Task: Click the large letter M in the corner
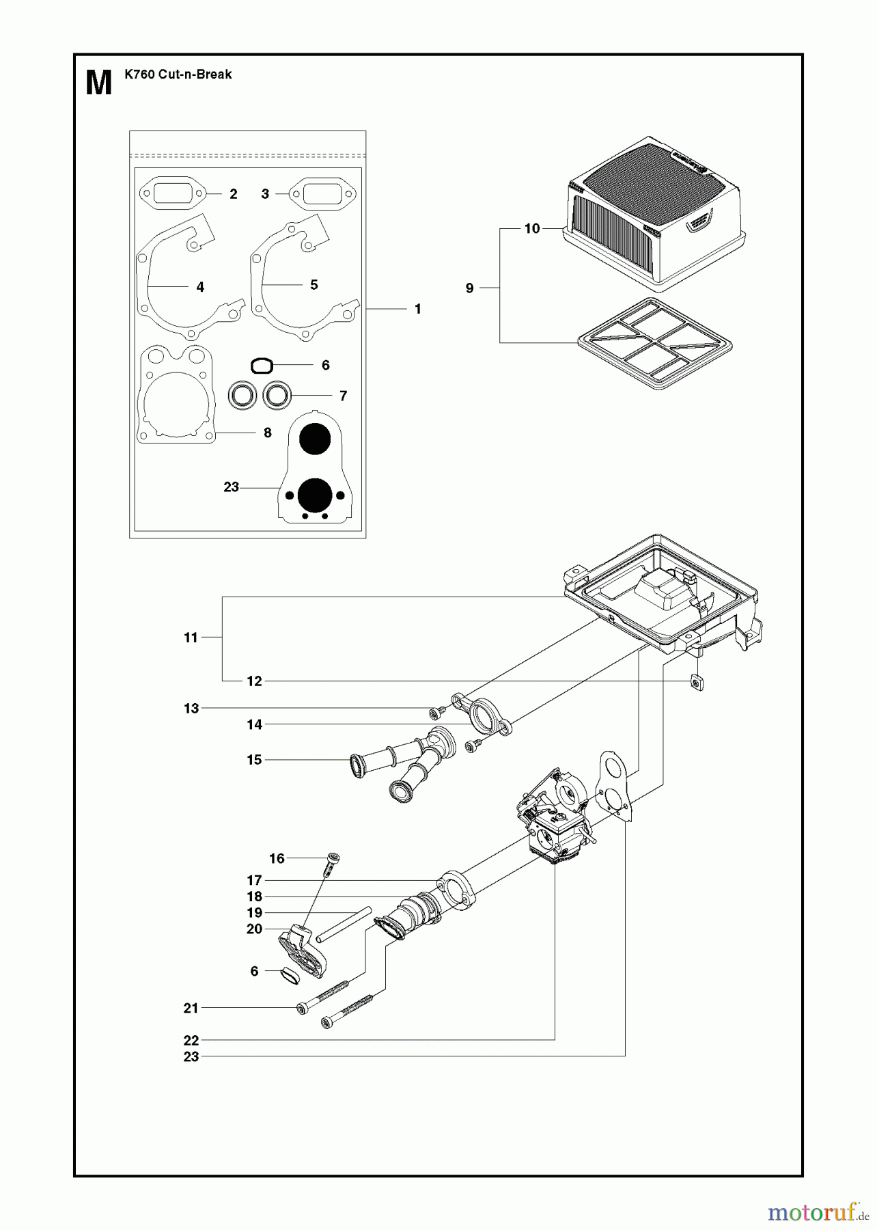(x=99, y=83)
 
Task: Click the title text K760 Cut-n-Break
(x=178, y=74)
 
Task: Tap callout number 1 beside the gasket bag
(x=418, y=309)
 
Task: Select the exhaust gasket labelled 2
(x=173, y=193)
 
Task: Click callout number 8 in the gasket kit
(x=268, y=433)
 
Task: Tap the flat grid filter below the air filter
(x=654, y=343)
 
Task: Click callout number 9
(x=469, y=288)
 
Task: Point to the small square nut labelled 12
(x=696, y=681)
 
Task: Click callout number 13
(x=191, y=709)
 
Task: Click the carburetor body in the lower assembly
(x=557, y=823)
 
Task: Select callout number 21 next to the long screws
(x=191, y=1008)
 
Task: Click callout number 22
(x=191, y=1040)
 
